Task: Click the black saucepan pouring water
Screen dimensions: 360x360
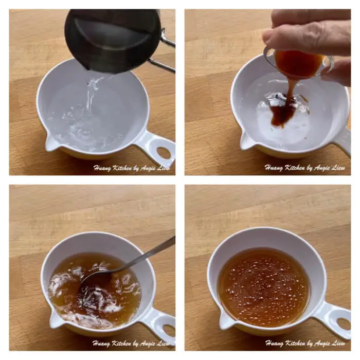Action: tap(113, 39)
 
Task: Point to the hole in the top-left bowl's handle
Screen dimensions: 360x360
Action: tap(164, 152)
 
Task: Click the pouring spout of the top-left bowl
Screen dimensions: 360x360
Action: tap(50, 143)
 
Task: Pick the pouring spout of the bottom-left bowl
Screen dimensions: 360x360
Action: tap(55, 319)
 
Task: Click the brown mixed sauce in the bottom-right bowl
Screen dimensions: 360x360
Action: tap(263, 287)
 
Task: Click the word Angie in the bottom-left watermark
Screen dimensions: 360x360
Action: tap(149, 344)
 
